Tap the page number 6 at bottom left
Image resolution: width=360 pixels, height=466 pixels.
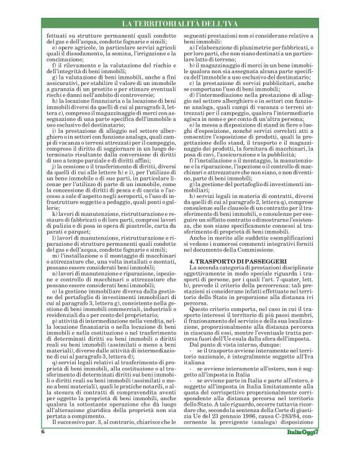pyautogui.click(x=43, y=449)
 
